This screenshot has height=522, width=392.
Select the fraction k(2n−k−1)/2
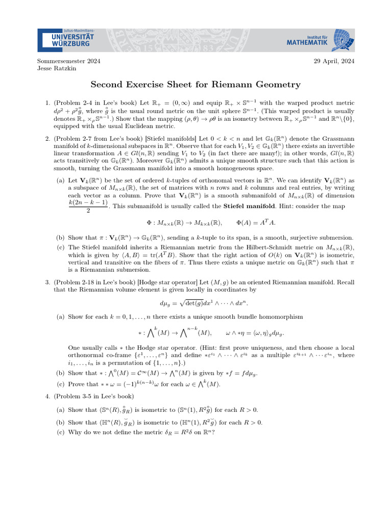click(88, 206)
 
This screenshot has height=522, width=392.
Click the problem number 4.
click(47, 396)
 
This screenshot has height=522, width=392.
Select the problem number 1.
click(47, 103)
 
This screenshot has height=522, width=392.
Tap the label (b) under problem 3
click(61, 373)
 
